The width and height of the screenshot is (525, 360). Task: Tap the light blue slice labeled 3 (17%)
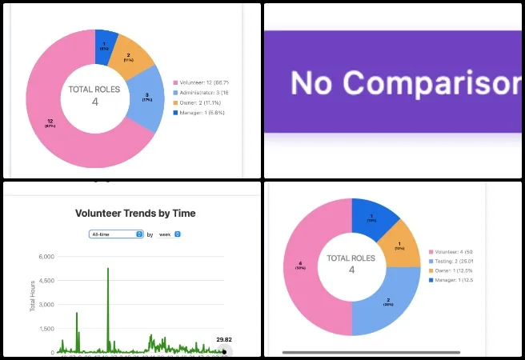pyautogui.click(x=145, y=98)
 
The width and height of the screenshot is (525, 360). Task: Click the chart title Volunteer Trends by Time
pyautogui.click(x=134, y=214)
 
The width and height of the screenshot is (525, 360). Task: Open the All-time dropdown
pyautogui.click(x=116, y=234)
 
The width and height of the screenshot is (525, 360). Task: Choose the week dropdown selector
pyautogui.click(x=169, y=234)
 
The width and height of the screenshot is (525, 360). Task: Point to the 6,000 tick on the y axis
pyautogui.click(x=45, y=257)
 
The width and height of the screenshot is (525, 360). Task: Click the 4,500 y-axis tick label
pyautogui.click(x=45, y=281)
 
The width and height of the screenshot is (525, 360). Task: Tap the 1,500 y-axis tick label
pyautogui.click(x=45, y=329)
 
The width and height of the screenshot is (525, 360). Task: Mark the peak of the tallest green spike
pyautogui.click(x=107, y=269)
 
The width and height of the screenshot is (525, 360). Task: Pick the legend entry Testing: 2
pyautogui.click(x=455, y=261)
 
